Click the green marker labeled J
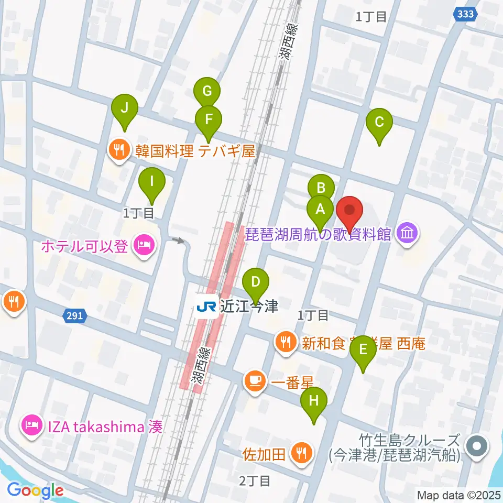coord(125,109)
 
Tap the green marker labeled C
coord(379,123)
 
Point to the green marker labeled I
coord(152,182)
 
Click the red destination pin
coord(350,212)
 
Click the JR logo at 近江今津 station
coord(206,307)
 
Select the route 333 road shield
coord(465,15)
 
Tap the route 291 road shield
coord(75,315)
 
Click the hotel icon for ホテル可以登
coord(143,244)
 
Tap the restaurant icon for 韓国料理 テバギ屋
coord(118,151)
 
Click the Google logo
coord(35,490)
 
